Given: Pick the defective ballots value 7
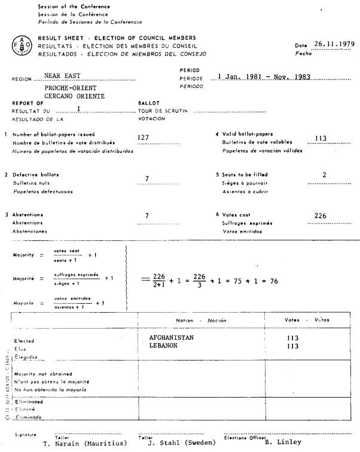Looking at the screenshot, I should point(147,178).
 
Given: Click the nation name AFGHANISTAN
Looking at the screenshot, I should point(171,337).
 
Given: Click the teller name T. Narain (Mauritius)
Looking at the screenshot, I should point(86,443).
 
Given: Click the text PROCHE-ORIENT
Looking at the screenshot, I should point(67,87).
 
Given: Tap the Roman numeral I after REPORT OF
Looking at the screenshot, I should point(78,109).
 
